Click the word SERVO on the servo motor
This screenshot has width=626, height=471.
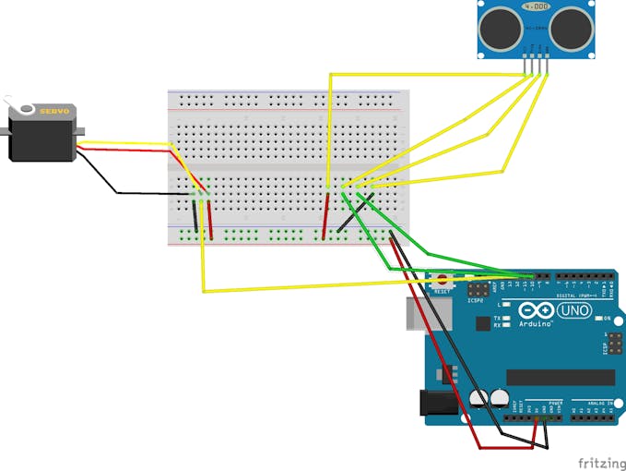click(49, 112)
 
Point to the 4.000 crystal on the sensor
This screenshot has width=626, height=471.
click(536, 7)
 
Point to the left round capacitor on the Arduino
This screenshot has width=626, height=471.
click(478, 397)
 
